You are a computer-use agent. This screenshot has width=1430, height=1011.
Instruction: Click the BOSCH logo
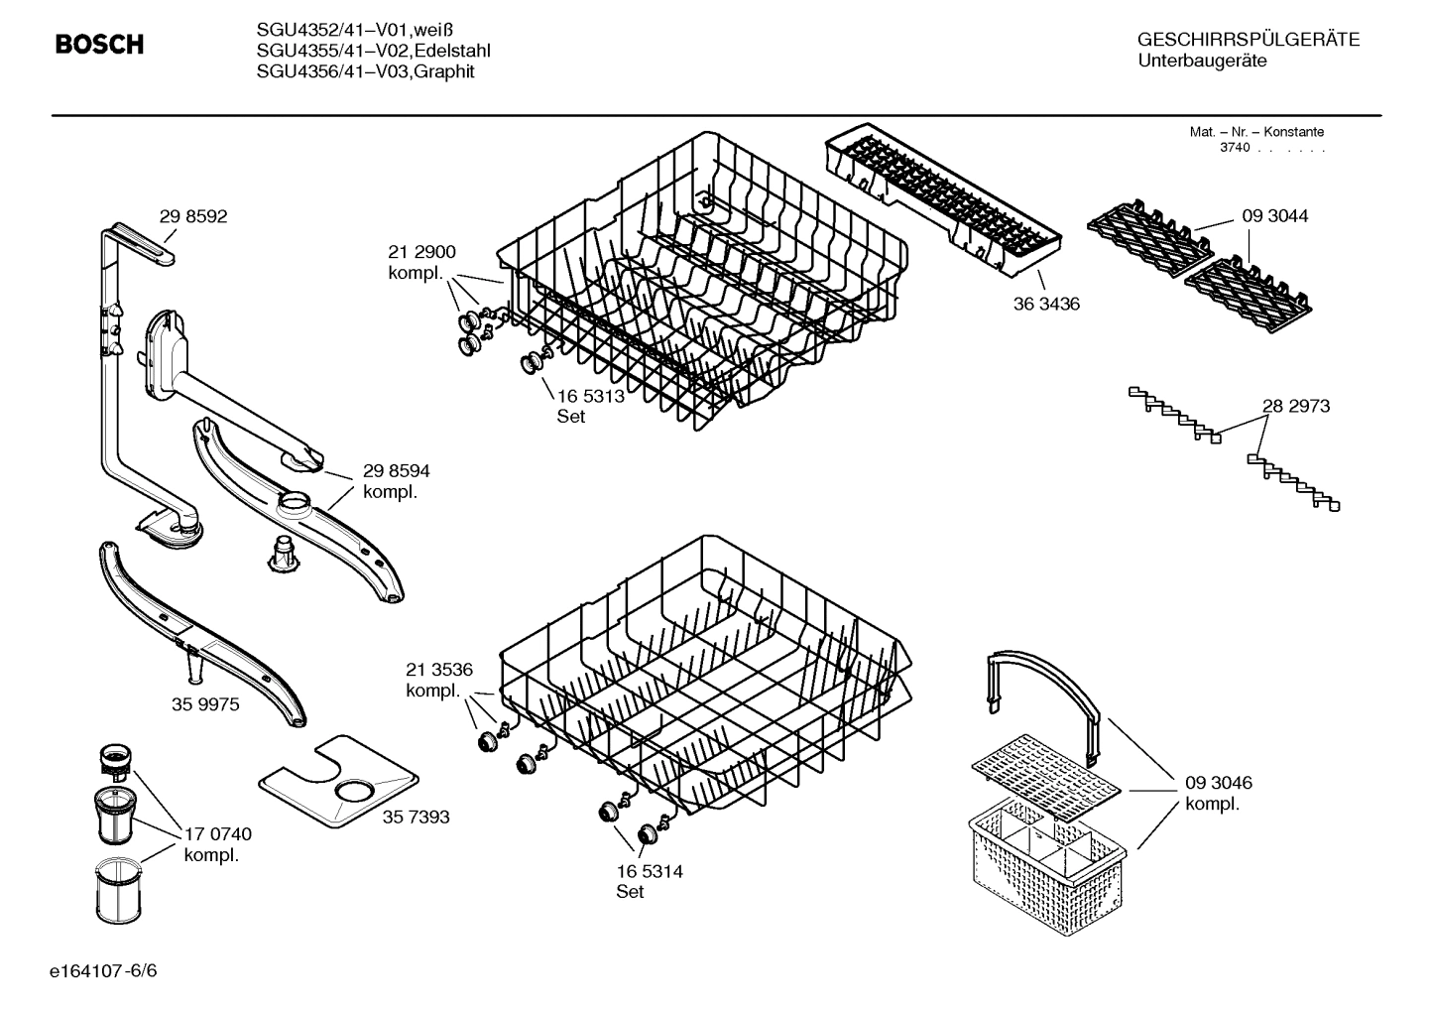pos(99,45)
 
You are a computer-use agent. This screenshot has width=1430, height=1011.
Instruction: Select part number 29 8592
pos(193,216)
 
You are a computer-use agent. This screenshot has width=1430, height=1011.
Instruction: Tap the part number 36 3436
pos(1046,304)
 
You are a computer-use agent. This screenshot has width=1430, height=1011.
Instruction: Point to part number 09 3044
pos(1274,215)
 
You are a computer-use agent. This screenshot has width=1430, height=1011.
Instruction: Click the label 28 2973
pos(1296,406)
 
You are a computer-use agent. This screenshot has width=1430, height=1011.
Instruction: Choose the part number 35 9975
pos(205,703)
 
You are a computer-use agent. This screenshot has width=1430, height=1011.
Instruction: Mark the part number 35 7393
pos(416,817)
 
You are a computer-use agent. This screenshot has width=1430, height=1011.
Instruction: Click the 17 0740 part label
pos(218,834)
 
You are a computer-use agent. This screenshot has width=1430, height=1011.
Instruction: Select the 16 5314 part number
pos(650,871)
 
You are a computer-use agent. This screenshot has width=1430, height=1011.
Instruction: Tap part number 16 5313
pos(590,396)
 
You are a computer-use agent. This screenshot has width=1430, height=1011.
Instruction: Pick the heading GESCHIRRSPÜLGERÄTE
pos(1248,40)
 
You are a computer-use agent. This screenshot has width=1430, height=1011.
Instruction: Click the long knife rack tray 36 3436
pos(942,193)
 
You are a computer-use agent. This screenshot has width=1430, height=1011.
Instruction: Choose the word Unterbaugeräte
pos(1202,62)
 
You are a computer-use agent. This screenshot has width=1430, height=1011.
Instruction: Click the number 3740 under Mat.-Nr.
pos(1234,148)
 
